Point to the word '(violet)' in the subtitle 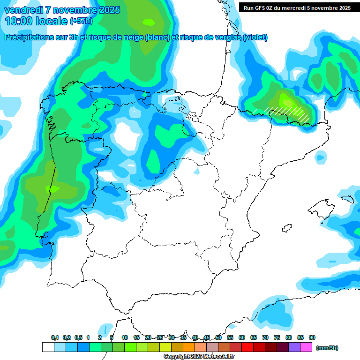pos(255,37)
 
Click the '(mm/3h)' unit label pos(327,348)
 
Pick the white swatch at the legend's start pos(48,347)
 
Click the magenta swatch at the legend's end pos(306,347)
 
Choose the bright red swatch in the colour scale pos(247,347)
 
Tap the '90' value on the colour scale pos(312,338)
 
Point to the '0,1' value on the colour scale pos(55,338)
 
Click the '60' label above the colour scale pos(242,338)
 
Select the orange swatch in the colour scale pos(189,347)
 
